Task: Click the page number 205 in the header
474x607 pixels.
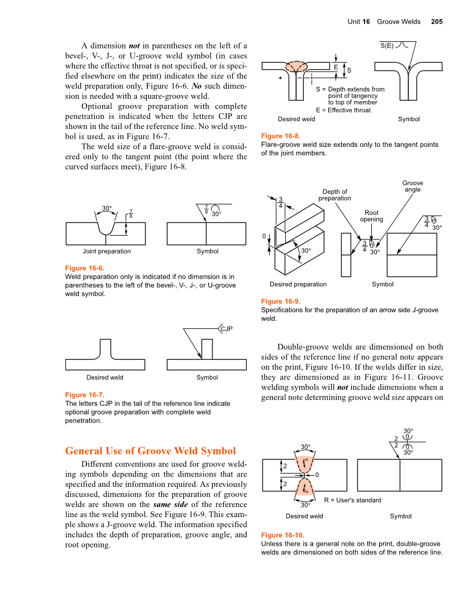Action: coord(437,22)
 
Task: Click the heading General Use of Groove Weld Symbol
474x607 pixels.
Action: coord(150,451)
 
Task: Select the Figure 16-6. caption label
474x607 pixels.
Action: coord(85,268)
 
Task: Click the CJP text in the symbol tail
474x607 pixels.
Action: coord(226,329)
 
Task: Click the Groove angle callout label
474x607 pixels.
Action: coord(413,186)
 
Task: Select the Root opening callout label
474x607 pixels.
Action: coord(371,216)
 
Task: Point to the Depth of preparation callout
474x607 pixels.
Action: coord(334,195)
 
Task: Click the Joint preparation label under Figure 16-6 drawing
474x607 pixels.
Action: coord(107,251)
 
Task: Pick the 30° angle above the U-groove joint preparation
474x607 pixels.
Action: coord(107,208)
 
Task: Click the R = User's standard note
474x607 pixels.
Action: coord(352,500)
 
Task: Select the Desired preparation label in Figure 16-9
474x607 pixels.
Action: coord(298,284)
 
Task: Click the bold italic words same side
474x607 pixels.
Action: coord(170,505)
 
